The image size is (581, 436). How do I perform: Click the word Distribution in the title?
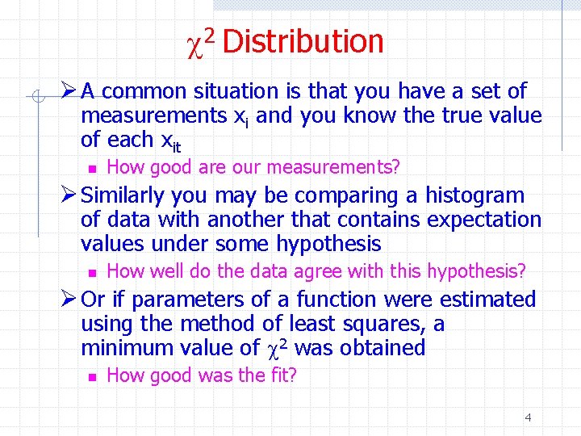[x=303, y=41]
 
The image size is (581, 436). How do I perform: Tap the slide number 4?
[x=528, y=417]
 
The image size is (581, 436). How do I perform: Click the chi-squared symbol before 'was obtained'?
[x=276, y=348]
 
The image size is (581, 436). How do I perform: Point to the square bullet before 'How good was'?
[x=93, y=377]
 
